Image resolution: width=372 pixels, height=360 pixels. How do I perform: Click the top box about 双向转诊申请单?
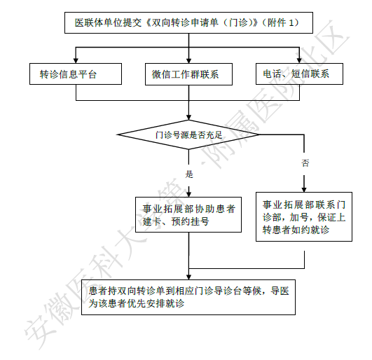[188, 23]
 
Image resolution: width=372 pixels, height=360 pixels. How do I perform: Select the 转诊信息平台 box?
[76, 74]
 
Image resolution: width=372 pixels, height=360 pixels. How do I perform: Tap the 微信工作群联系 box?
[188, 74]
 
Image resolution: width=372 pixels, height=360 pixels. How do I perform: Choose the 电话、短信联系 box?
[299, 74]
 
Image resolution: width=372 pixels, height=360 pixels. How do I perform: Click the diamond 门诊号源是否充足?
[188, 134]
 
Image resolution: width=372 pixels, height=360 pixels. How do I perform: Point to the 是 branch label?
[189, 174]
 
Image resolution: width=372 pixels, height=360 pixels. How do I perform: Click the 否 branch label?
[305, 163]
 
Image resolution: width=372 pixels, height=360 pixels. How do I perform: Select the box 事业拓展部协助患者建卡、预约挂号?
[188, 214]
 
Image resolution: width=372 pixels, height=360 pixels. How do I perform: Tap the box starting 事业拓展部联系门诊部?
[304, 216]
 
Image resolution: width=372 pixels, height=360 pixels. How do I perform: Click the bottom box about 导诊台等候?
[188, 297]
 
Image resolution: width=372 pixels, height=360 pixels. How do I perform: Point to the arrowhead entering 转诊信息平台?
[76, 60]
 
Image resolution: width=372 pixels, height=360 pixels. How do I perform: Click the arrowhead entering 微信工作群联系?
[188, 60]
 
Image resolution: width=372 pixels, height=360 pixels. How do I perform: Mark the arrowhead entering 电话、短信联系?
[299, 60]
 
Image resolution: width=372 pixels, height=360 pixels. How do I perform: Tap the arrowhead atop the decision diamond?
[188, 118]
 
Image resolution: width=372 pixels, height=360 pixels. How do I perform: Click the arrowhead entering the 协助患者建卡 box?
[188, 194]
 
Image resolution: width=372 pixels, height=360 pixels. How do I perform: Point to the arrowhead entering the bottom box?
[188, 277]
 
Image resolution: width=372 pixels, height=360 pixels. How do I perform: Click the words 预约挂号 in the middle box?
[190, 222]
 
